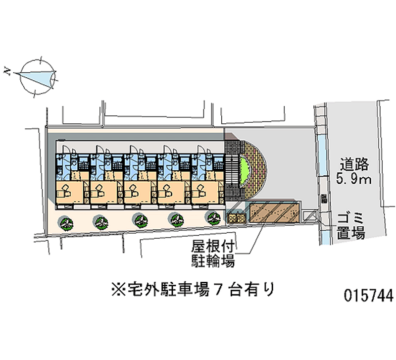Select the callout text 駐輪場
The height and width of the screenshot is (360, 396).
coord(212,261)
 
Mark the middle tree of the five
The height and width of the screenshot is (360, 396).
coord(139,219)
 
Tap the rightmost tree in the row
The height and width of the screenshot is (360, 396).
coord(214,217)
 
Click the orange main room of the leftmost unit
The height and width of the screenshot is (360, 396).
coord(69,191)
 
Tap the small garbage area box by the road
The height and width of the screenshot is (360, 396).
coord(310,216)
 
